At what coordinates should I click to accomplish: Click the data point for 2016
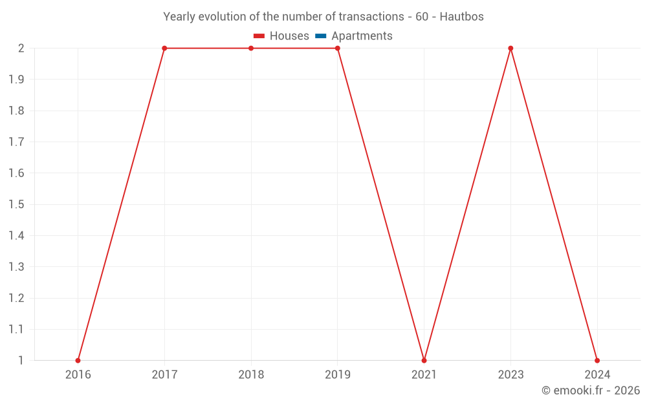click(78, 360)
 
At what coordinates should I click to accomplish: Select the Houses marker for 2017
click(164, 48)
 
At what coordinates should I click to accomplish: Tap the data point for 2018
click(251, 48)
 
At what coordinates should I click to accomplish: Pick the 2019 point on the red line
click(338, 48)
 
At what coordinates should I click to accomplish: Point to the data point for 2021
click(424, 360)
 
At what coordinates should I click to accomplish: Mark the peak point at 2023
click(510, 48)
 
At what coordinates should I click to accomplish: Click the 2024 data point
click(597, 360)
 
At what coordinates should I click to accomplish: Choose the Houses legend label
click(289, 36)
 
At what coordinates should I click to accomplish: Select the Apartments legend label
click(362, 36)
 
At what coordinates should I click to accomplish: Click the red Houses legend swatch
click(259, 36)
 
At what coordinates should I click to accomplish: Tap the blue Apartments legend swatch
click(321, 36)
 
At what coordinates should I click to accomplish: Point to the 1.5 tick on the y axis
click(16, 204)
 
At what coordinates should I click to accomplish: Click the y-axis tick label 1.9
click(16, 80)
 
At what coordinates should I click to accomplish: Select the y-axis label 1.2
click(16, 298)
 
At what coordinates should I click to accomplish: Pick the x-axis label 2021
click(424, 374)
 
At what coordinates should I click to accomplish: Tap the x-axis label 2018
click(251, 374)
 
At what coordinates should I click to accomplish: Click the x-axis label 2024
click(597, 374)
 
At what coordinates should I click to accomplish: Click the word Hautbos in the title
click(461, 17)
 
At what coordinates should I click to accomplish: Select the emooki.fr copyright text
click(591, 390)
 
